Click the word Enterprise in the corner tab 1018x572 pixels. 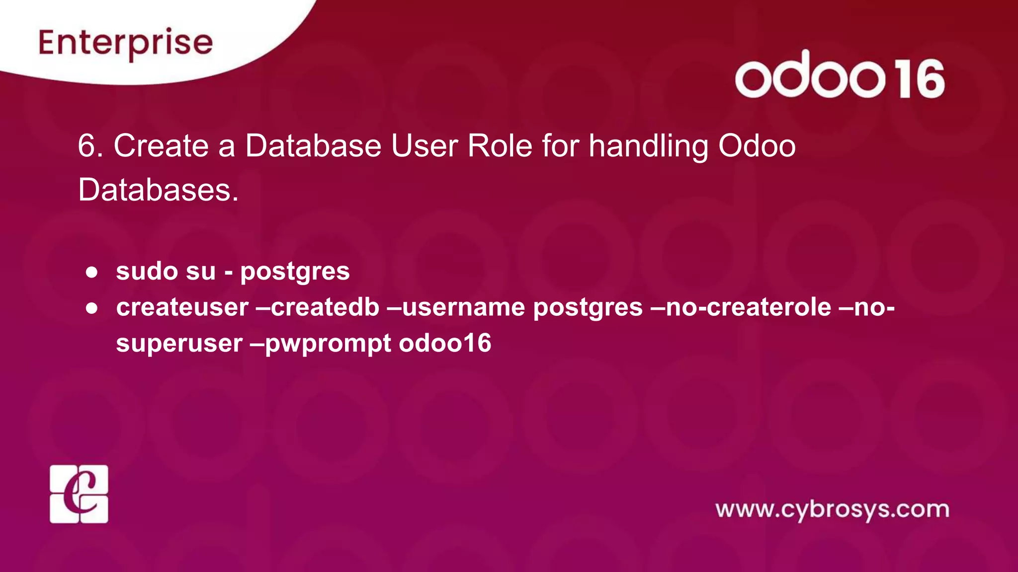click(x=125, y=44)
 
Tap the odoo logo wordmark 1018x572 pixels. click(x=810, y=75)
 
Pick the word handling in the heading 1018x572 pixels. click(x=648, y=147)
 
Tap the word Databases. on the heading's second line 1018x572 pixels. click(x=158, y=190)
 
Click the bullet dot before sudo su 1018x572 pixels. click(x=91, y=272)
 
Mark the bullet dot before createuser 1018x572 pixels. click(x=91, y=308)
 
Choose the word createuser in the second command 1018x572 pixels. click(x=182, y=307)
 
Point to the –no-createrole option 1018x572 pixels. click(x=741, y=307)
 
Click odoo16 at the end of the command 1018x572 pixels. click(x=445, y=343)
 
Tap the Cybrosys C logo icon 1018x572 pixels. click(x=79, y=494)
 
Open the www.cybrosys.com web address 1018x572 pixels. click(x=832, y=510)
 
